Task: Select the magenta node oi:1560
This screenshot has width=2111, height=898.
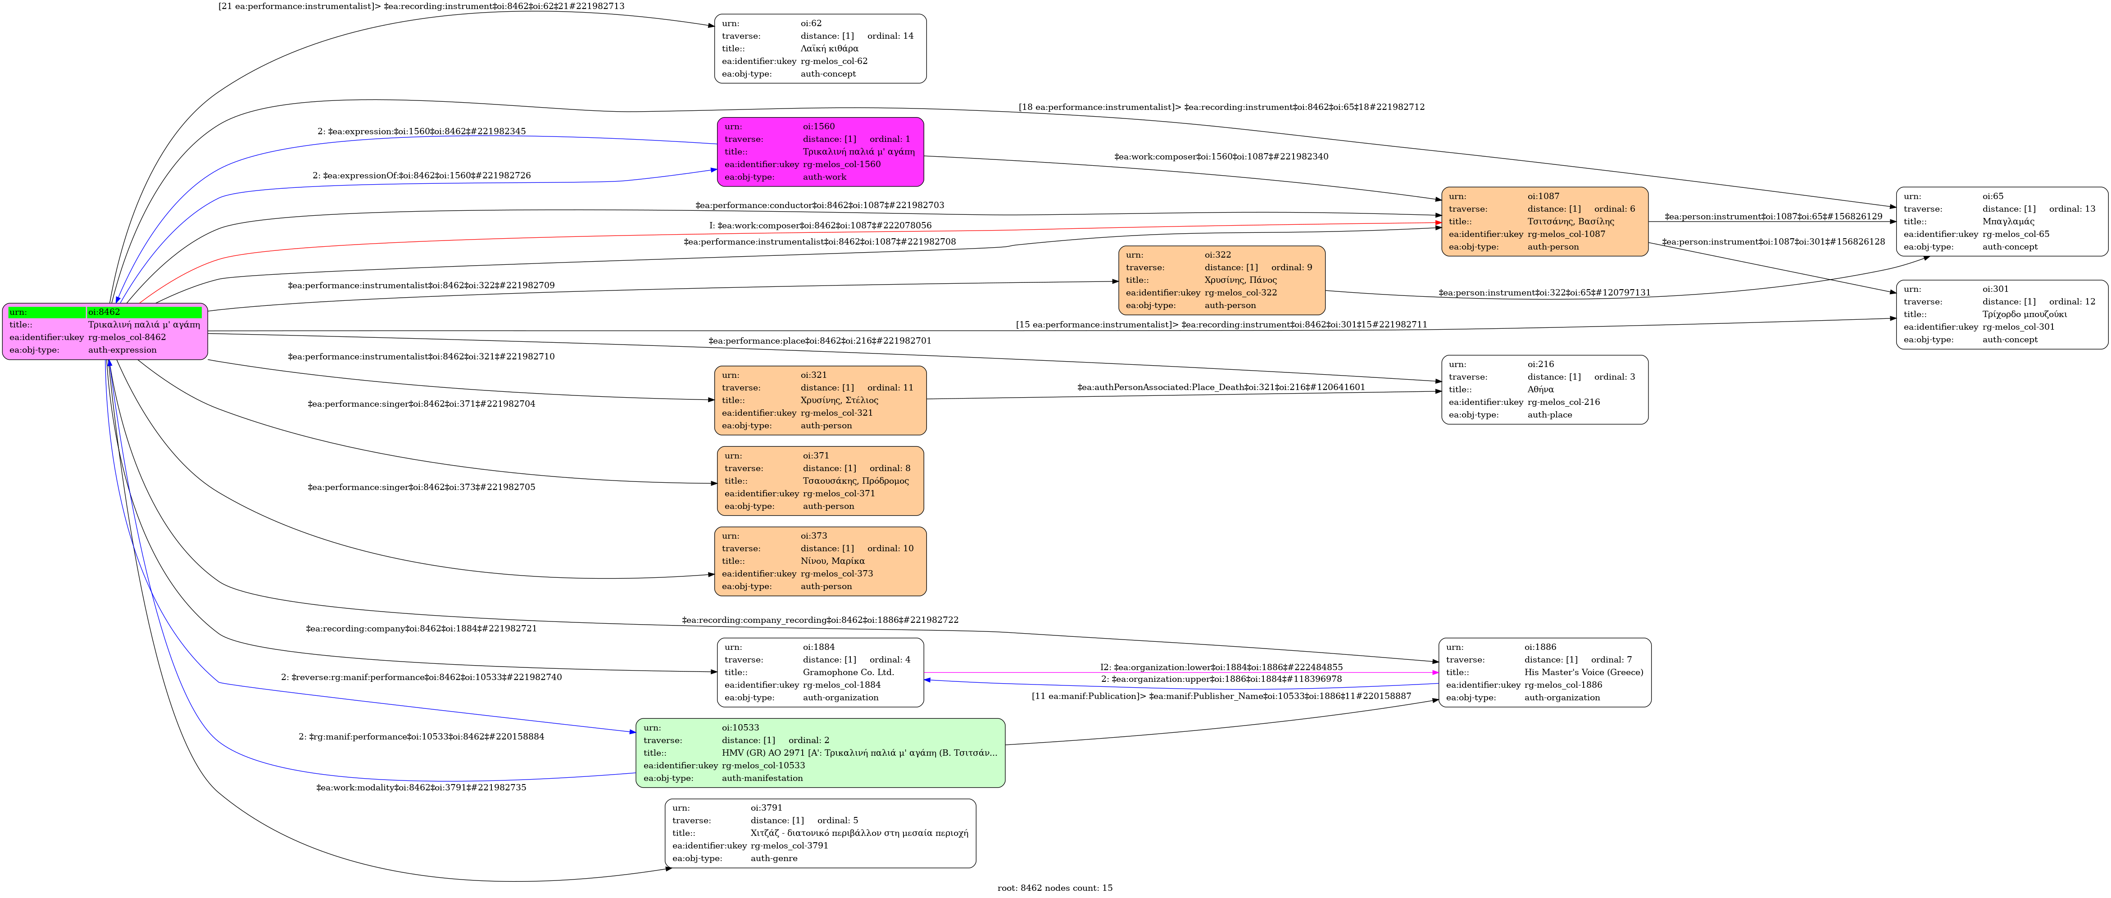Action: coord(820,152)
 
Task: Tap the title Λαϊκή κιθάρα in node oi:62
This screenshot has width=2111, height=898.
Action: coord(829,48)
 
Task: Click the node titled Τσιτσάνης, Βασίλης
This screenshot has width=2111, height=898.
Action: coord(1545,221)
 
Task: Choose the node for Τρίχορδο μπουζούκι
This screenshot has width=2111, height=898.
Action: coord(2002,315)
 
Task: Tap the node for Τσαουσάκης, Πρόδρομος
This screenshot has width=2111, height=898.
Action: coord(820,481)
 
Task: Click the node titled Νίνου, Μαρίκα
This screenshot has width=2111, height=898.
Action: coord(820,561)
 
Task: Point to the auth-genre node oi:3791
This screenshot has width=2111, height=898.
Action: coord(820,833)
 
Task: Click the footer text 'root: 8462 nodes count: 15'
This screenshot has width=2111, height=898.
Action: coord(1055,888)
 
